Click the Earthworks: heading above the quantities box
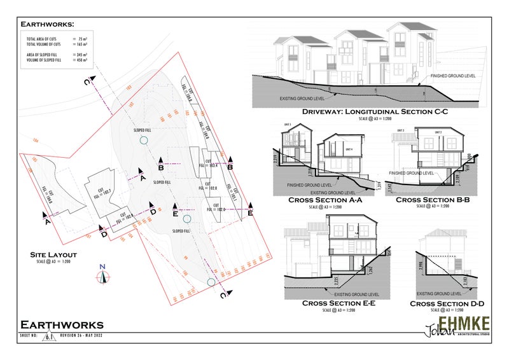pyautogui.click(x=46, y=24)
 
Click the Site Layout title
pyautogui.click(x=53, y=254)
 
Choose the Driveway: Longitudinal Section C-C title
pyautogui.click(x=375, y=112)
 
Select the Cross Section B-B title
pyautogui.click(x=433, y=200)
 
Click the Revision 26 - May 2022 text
pyautogui.click(x=82, y=335)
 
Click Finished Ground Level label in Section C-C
pyautogui.click(x=452, y=76)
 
